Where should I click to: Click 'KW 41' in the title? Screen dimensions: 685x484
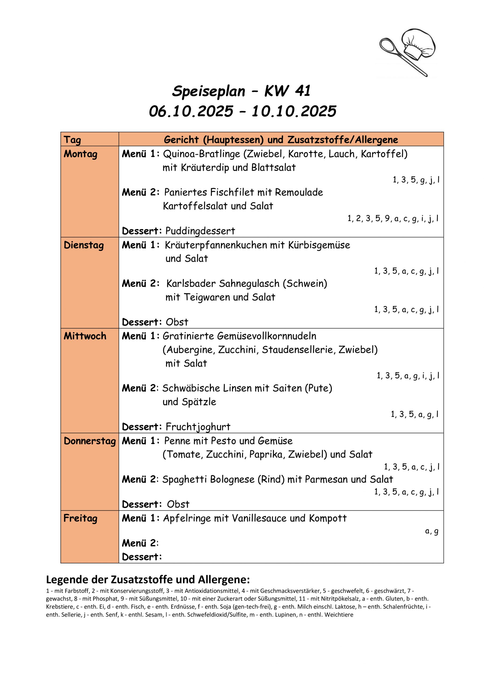click(x=287, y=91)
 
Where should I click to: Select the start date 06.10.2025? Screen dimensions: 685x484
click(x=191, y=111)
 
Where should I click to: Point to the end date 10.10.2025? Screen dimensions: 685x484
click(x=294, y=111)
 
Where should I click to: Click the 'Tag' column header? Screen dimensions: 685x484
click(x=72, y=140)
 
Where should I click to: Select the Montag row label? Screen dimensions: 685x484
click(x=80, y=154)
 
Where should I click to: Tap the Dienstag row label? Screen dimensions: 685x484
click(x=84, y=245)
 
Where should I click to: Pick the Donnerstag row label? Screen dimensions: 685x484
click(x=90, y=441)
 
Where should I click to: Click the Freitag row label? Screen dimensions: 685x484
click(x=80, y=518)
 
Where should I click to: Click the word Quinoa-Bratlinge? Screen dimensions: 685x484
click(x=202, y=154)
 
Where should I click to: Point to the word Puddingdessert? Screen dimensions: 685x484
click(x=200, y=231)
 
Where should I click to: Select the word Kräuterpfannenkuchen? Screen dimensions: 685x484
click(x=216, y=245)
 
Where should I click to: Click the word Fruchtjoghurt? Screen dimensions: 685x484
click(x=198, y=427)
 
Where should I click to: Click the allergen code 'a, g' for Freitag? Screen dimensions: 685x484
click(x=432, y=531)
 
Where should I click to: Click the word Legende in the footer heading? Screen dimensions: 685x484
click(x=67, y=580)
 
